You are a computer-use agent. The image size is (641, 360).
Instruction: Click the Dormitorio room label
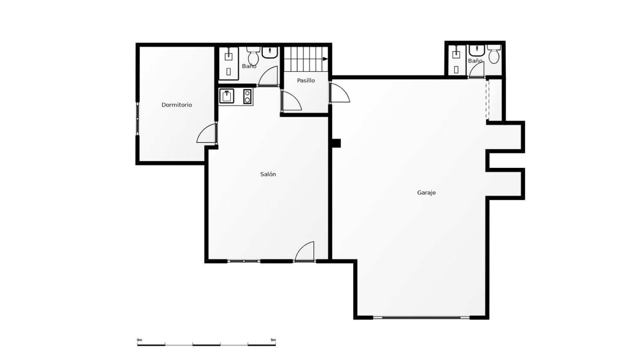(x=176, y=105)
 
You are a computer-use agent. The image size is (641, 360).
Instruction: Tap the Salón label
(x=268, y=174)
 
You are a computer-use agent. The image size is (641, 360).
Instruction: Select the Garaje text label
(x=426, y=193)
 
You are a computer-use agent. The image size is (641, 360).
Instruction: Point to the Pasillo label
(x=306, y=80)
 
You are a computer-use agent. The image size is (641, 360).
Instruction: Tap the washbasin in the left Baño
(x=270, y=52)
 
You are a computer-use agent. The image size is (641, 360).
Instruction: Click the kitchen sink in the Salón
(x=227, y=96)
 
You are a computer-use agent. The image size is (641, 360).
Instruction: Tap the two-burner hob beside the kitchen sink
(x=247, y=96)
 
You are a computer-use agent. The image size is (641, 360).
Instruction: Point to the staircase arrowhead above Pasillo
(x=325, y=59)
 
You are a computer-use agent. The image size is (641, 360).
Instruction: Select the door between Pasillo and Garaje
(x=339, y=93)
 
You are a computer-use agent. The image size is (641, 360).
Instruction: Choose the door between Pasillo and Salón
(x=291, y=100)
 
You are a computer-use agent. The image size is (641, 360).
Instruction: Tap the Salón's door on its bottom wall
(x=305, y=252)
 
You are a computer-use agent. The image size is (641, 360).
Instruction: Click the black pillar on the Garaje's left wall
(x=336, y=143)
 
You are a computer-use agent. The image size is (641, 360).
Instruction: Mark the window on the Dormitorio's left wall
(x=137, y=119)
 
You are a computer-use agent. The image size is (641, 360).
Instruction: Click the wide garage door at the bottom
(x=421, y=317)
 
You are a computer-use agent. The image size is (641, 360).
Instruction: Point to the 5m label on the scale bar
(x=273, y=340)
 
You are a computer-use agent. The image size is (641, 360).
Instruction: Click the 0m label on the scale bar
(x=139, y=340)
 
